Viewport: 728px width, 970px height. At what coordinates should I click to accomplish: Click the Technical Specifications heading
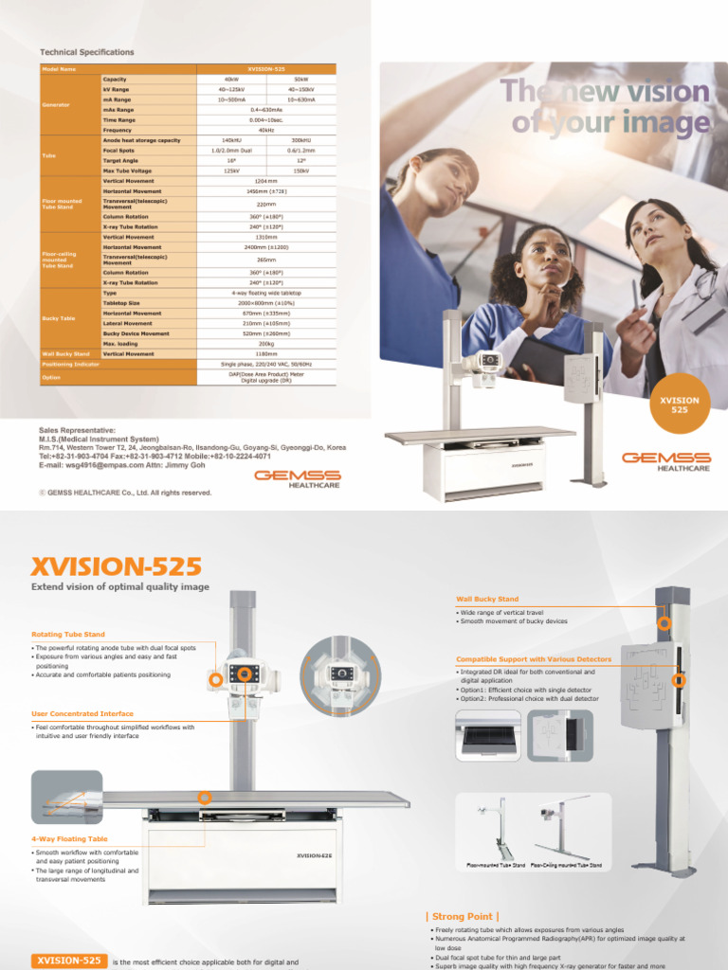pos(86,52)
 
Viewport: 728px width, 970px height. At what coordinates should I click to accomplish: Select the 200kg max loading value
pos(265,343)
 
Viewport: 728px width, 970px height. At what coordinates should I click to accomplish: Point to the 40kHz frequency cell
pos(265,130)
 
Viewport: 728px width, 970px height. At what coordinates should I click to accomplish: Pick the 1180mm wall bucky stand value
pos(265,353)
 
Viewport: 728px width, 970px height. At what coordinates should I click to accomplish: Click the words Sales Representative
pos(77,429)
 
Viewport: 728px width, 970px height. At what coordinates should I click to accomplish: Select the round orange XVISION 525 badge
pos(679,405)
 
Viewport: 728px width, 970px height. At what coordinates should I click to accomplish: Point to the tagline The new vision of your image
pos(607,106)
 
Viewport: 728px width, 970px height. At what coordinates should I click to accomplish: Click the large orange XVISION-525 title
pos(117,566)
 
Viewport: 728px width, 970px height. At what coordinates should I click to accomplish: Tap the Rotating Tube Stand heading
pos(68,634)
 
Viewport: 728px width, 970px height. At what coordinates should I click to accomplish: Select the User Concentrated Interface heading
pos(82,713)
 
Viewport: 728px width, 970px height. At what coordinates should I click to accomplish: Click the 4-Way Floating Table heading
pos(69,838)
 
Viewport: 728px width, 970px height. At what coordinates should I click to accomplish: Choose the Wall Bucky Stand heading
pos(487,599)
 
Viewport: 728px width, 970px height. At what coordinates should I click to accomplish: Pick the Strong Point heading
pos(462,916)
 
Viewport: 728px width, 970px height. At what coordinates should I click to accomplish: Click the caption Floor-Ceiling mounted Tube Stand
pos(566,865)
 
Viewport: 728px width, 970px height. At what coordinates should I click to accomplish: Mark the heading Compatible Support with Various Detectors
pos(534,658)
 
